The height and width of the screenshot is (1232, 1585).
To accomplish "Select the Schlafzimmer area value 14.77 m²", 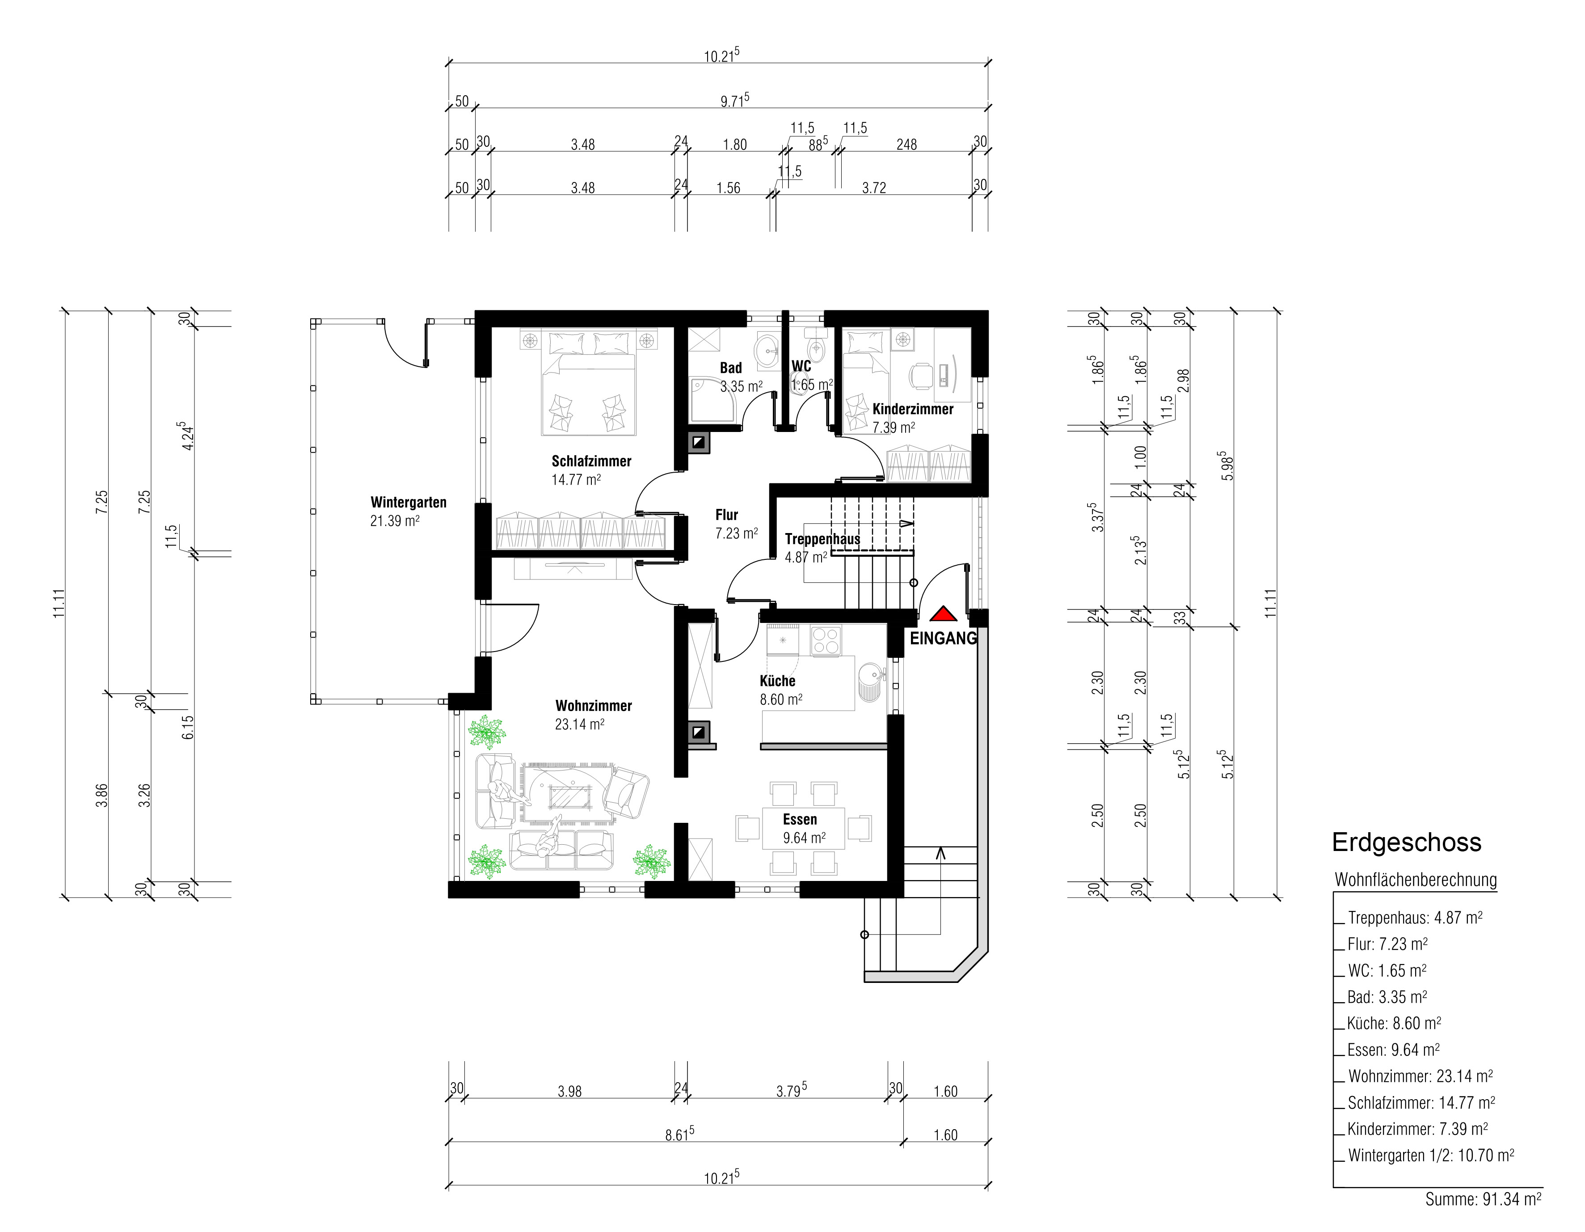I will click(x=576, y=480).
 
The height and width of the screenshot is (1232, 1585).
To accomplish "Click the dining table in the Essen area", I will click(x=803, y=828).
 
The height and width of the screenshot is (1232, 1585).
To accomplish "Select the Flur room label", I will click(x=726, y=515).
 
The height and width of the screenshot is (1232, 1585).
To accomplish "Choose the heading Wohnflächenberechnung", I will click(x=1415, y=880).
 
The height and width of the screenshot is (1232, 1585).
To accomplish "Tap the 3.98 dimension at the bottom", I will click(x=570, y=1091).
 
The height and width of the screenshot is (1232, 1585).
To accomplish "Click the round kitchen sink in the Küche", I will click(x=868, y=682).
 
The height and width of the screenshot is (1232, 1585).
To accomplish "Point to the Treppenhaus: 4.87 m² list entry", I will click(x=1414, y=918).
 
